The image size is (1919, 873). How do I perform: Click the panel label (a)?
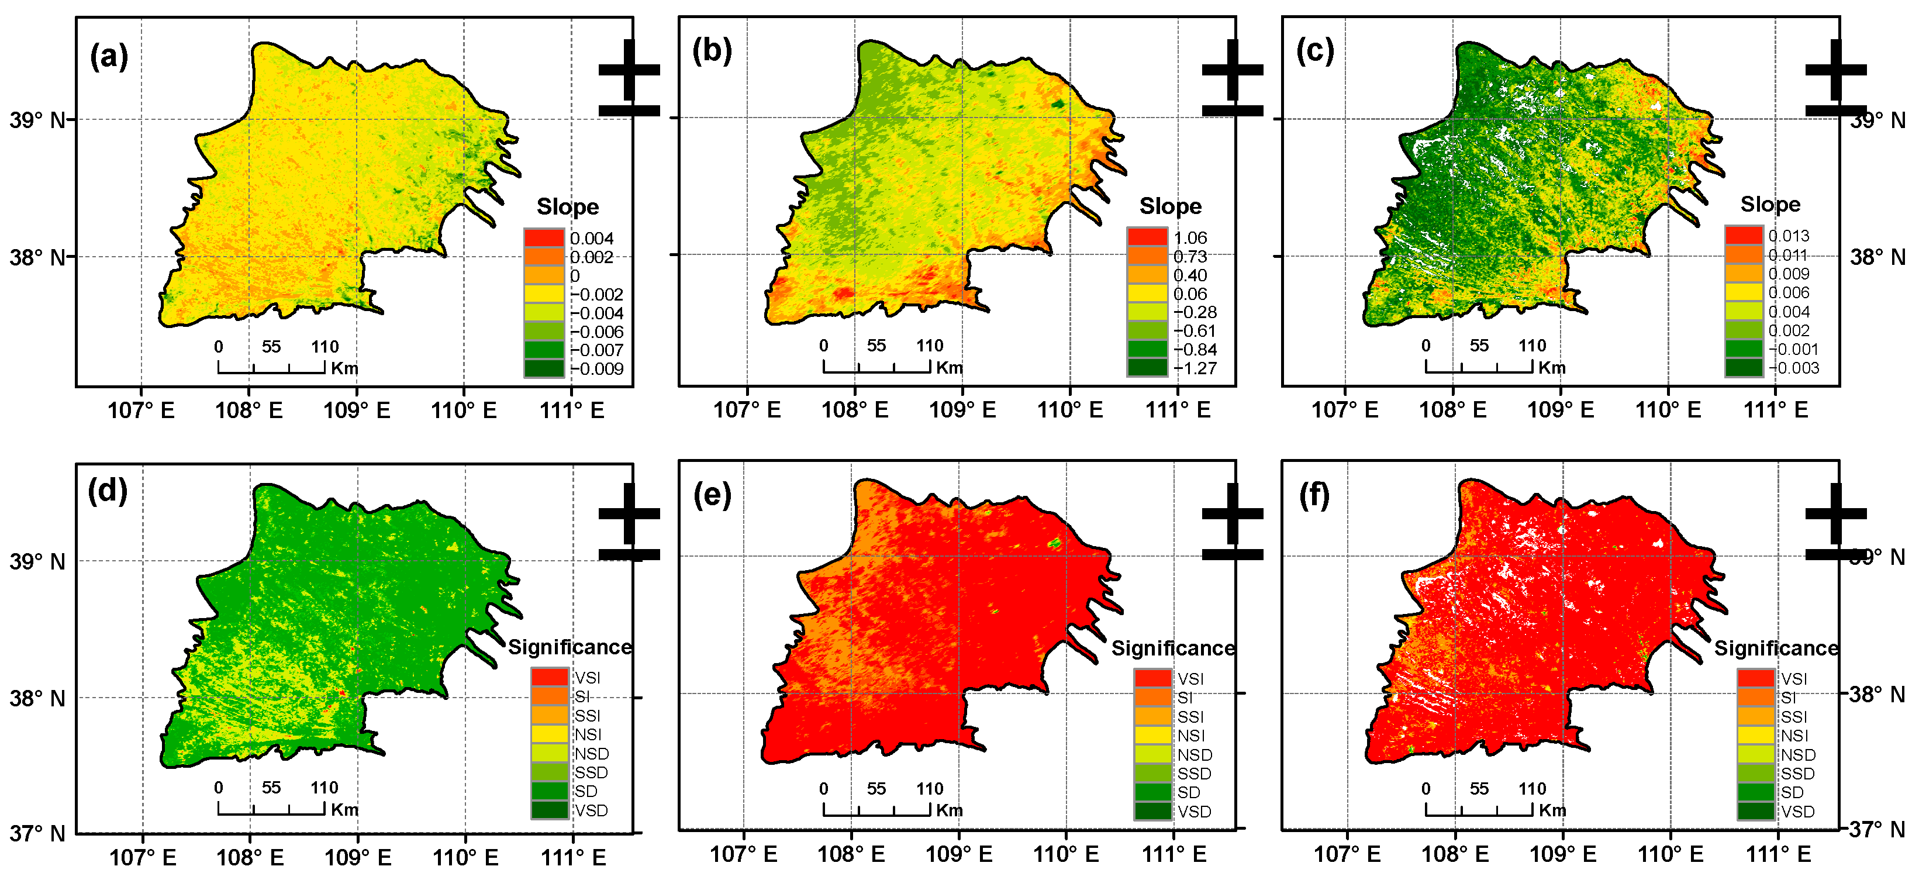[x=109, y=57]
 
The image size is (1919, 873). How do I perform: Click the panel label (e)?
[x=712, y=495]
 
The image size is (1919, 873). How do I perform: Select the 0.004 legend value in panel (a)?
[x=592, y=239]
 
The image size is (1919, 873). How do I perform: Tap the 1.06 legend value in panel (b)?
[x=1190, y=237]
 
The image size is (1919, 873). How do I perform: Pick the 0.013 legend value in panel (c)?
[x=1789, y=236]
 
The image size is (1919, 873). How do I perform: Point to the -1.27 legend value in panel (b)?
[x=1195, y=368]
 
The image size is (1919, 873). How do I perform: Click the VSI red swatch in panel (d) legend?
[x=550, y=677]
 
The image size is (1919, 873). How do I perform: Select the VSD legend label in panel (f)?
[x=1797, y=811]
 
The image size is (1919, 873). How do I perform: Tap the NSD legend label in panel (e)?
[x=1194, y=754]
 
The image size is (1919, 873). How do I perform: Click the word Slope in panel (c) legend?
[x=1770, y=204]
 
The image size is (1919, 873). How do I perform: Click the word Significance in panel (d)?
[x=570, y=647]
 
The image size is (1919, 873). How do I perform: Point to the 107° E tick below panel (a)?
[x=141, y=410]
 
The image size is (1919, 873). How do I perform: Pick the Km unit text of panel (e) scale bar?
[x=949, y=810]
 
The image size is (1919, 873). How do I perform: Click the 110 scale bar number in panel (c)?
[x=1533, y=346]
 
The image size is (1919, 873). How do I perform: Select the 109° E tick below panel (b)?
[x=962, y=410]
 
